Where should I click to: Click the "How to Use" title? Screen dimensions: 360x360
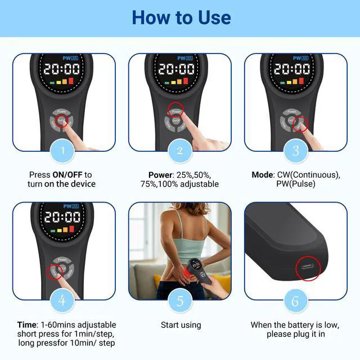coord(181,17)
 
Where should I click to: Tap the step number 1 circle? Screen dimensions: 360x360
coord(64,150)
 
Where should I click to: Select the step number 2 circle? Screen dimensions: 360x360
coord(180,150)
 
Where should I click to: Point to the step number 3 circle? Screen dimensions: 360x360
coord(295,150)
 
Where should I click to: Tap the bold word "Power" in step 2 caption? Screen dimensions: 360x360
coord(160,175)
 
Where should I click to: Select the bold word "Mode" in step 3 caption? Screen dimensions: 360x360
coord(263,175)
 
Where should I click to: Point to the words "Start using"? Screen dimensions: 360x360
coord(181,325)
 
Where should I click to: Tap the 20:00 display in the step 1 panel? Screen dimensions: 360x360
coord(62,69)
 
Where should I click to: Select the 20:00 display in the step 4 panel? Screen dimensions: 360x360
coord(62,218)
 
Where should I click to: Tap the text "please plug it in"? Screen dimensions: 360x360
coord(295,334)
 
